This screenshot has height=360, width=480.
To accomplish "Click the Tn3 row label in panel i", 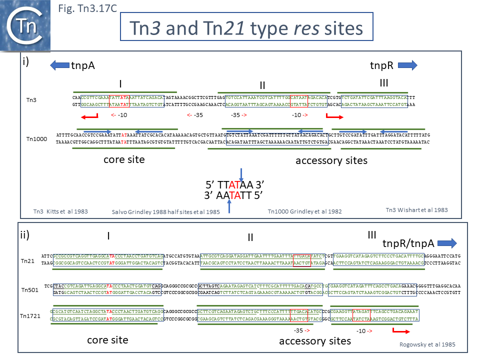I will pos(31,100).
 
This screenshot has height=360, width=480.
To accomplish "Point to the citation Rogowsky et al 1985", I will pos(427,344).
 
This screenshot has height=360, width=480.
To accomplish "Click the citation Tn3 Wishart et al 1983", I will pos(416,210).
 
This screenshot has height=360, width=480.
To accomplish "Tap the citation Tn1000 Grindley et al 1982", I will pos(305,211).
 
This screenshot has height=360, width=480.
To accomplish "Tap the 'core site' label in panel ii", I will pos(107,340).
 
